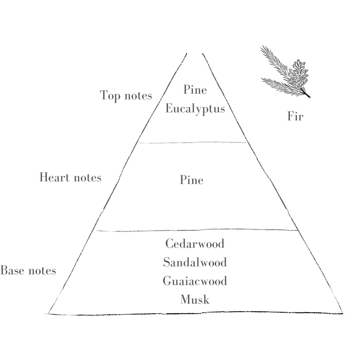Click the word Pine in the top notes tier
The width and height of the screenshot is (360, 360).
point(195,89)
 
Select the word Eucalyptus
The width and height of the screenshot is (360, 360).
point(195,109)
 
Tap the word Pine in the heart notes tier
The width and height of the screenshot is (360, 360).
point(192,180)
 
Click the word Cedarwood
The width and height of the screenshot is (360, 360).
point(195,243)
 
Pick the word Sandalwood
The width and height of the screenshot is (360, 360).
point(195,262)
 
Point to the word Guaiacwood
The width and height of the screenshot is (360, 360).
point(195,281)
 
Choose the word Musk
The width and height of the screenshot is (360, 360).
point(195,300)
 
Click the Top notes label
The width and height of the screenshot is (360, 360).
point(126,96)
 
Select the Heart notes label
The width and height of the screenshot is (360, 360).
point(70,178)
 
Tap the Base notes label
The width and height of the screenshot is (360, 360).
point(28,271)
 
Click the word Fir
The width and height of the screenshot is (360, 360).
point(295,117)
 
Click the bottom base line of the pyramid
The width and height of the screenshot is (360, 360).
point(195,314)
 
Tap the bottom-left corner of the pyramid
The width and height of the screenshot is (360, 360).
point(47,314)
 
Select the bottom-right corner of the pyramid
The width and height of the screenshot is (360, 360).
point(342,314)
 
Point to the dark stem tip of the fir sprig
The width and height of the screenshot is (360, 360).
point(308,96)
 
